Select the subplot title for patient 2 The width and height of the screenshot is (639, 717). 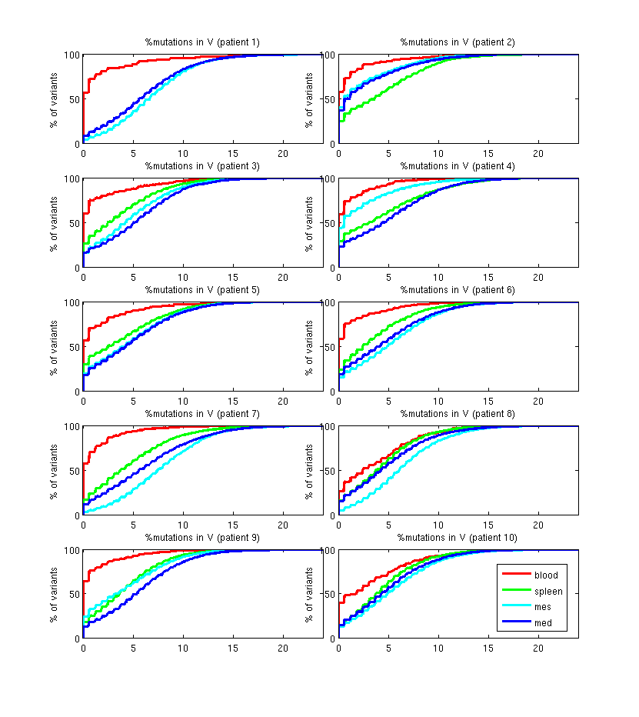[458, 42]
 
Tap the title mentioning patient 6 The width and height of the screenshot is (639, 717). [458, 289]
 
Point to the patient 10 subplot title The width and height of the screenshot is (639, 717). [458, 537]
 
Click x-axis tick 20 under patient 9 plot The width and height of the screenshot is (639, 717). [282, 648]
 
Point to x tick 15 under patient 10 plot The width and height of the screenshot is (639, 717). [488, 648]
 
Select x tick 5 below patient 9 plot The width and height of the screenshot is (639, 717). [133, 648]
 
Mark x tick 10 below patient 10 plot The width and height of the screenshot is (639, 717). [438, 648]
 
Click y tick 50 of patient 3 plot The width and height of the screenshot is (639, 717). [75, 223]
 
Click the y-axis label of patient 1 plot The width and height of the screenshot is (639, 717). [55, 98]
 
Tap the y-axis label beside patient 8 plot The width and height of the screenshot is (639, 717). [309, 470]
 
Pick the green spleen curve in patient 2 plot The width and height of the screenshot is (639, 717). [388, 87]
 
